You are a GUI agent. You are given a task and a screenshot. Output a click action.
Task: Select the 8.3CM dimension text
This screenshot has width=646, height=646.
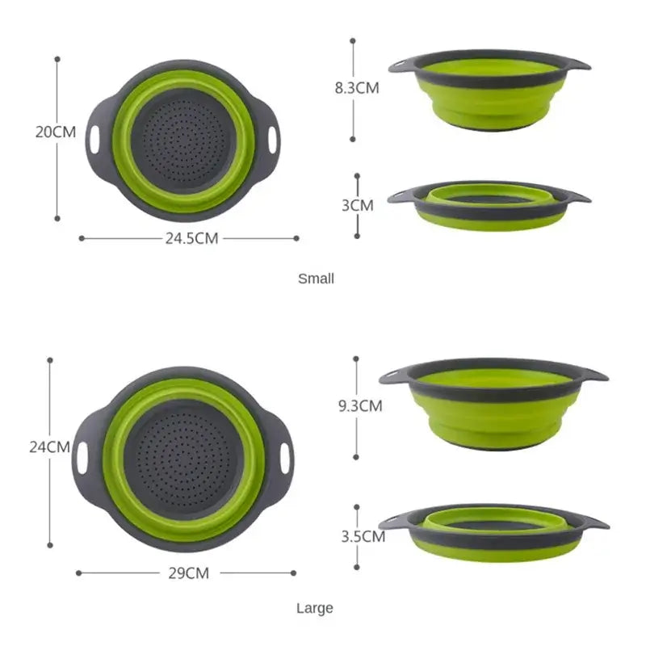pyautogui.click(x=356, y=89)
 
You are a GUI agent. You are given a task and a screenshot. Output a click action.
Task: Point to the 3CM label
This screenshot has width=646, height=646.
pyautogui.click(x=357, y=205)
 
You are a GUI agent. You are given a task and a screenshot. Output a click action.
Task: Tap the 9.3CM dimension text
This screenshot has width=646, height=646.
pyautogui.click(x=359, y=406)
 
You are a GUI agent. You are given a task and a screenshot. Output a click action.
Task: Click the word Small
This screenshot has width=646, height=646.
pyautogui.click(x=316, y=279)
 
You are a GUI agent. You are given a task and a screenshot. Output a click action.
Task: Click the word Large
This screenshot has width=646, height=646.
pyautogui.click(x=314, y=608)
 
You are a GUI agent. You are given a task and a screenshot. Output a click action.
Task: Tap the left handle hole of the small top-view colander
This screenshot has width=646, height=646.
pyautogui.click(x=95, y=137)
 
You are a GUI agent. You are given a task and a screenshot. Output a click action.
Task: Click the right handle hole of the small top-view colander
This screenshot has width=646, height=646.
pyautogui.click(x=273, y=137)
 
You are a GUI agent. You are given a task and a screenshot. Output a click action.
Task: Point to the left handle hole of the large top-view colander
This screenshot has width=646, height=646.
pyautogui.click(x=82, y=457)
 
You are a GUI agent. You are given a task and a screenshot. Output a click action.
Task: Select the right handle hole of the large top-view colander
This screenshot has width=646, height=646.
pyautogui.click(x=284, y=457)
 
